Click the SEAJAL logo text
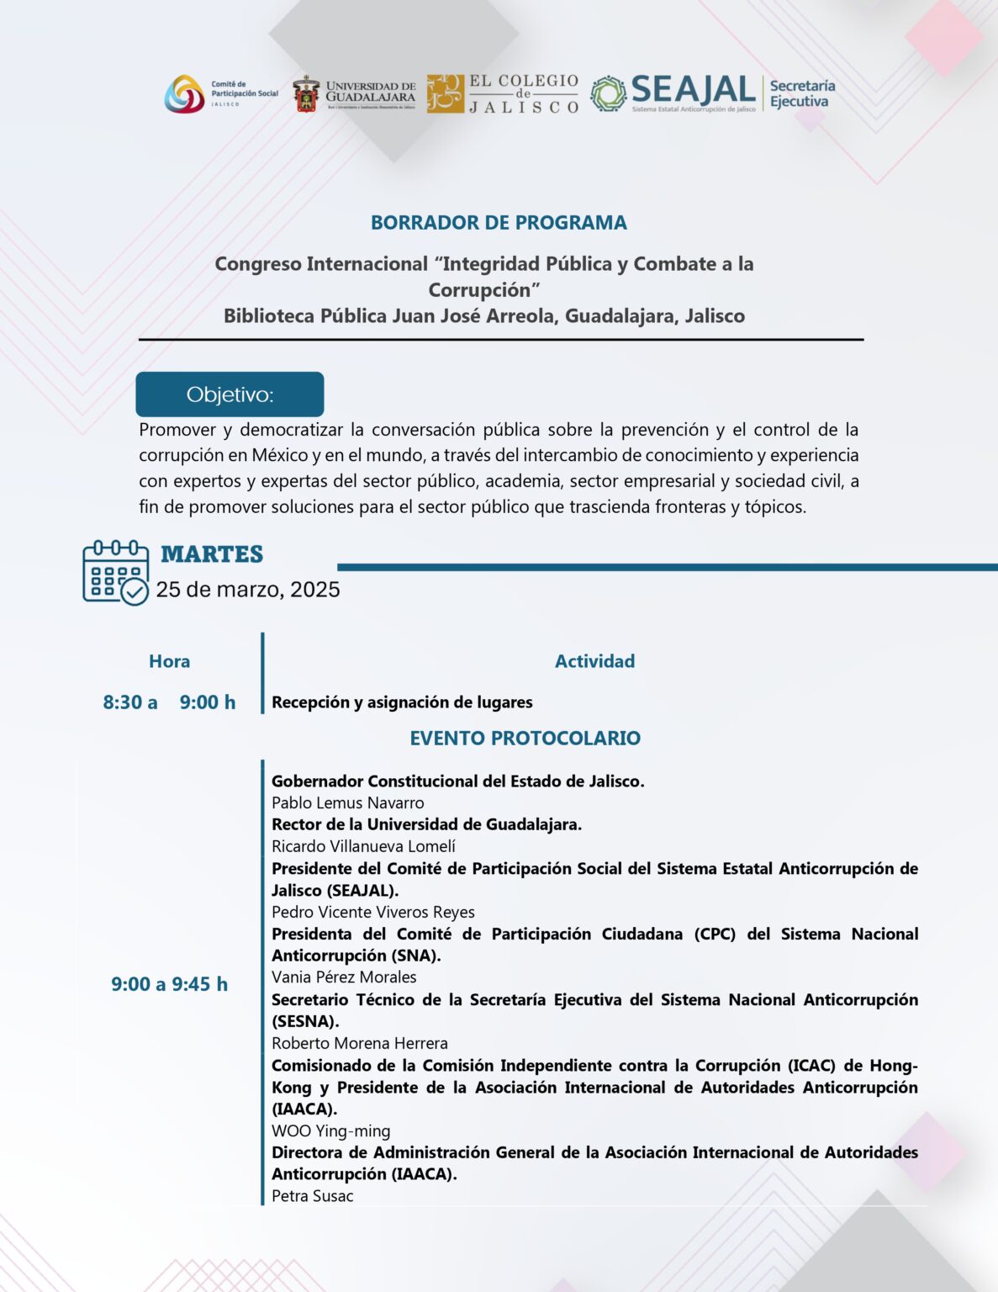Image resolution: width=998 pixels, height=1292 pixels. (693, 90)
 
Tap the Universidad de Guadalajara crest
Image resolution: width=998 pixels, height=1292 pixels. (306, 94)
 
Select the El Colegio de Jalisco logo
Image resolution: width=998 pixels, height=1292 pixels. (503, 93)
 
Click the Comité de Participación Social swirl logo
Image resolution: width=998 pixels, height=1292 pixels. (184, 94)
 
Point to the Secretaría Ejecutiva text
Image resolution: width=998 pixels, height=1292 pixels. (802, 93)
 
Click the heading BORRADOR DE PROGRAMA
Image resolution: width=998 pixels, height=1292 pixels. (499, 223)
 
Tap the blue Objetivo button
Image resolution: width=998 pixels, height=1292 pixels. (230, 394)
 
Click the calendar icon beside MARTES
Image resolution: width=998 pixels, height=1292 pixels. (115, 572)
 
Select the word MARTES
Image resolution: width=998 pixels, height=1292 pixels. (212, 554)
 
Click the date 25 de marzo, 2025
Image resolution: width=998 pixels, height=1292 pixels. (248, 589)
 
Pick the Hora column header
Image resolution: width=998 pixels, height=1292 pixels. (169, 661)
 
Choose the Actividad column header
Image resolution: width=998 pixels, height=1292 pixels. (594, 661)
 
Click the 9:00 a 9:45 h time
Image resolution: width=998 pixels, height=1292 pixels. (169, 984)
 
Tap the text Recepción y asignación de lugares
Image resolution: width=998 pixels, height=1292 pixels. (402, 702)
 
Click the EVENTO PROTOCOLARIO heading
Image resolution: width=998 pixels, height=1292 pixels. (525, 738)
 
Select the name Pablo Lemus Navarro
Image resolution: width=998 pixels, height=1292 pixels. (347, 802)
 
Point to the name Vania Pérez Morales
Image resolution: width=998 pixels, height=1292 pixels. (344, 977)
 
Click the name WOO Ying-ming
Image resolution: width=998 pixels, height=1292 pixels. (330, 1130)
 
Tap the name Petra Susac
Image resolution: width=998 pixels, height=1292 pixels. (312, 1195)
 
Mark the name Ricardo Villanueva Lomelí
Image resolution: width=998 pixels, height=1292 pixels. (363, 846)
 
